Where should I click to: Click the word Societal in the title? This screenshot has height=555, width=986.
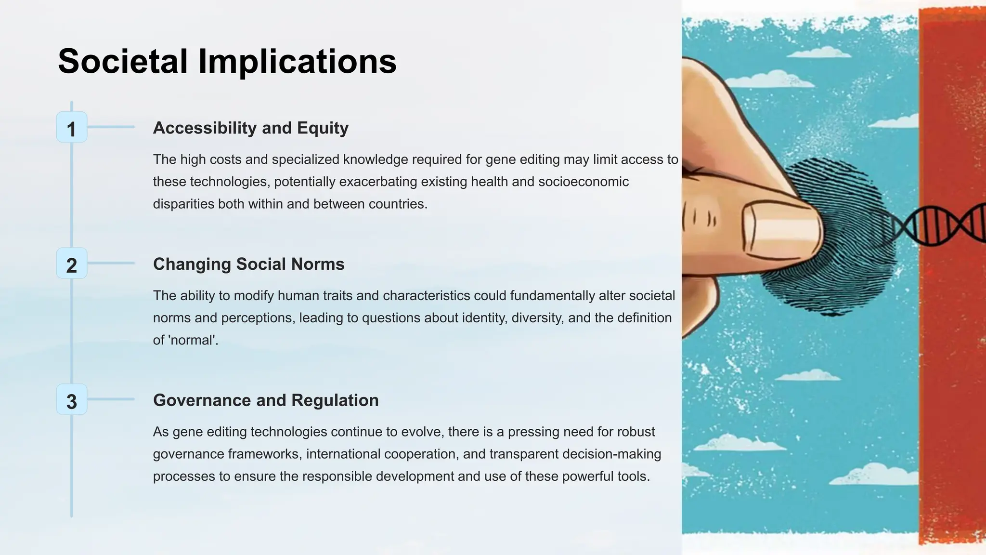tap(122, 62)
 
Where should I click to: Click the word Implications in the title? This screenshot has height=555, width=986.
tap(297, 62)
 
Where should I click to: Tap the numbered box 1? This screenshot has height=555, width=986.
tap(72, 128)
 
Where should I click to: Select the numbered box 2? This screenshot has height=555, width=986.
tap(72, 264)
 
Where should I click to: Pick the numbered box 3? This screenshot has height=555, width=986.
tap(72, 400)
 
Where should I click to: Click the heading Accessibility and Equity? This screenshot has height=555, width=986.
tap(250, 128)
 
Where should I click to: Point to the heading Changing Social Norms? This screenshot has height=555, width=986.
tap(248, 264)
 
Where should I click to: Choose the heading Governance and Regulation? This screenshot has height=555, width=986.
tap(266, 400)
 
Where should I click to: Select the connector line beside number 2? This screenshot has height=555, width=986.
tap(111, 263)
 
